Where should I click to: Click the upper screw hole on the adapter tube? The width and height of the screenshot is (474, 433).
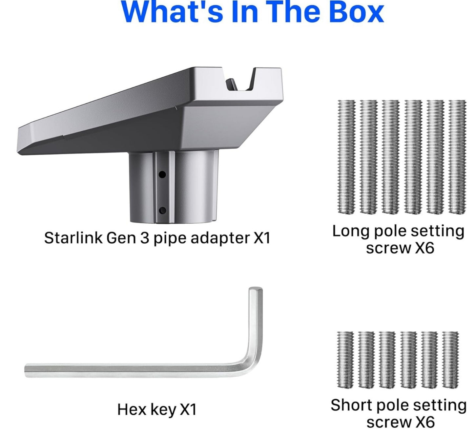pyautogui.click(x=162, y=175)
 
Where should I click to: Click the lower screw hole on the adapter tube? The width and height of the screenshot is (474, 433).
pyautogui.click(x=162, y=210)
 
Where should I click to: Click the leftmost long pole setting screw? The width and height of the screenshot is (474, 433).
pyautogui.click(x=346, y=157)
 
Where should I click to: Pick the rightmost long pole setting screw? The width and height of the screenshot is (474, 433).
pyautogui.click(x=457, y=157)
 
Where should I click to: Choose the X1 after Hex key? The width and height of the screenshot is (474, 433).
pyautogui.click(x=188, y=409)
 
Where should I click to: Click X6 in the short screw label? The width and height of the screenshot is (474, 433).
pyautogui.click(x=424, y=422)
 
